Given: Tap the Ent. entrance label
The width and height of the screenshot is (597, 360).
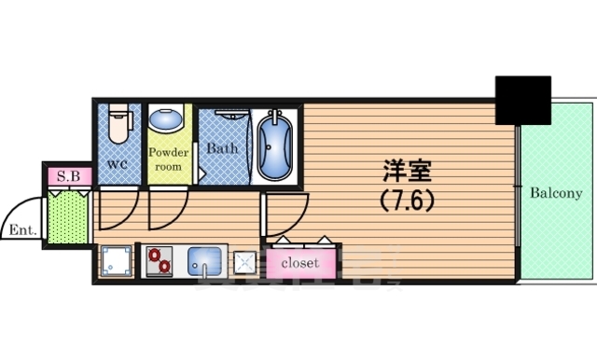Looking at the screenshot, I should tap(22, 229).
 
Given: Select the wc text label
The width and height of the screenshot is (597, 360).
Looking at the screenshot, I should tap(118, 165).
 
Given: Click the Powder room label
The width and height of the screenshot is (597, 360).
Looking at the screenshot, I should tap(169, 159).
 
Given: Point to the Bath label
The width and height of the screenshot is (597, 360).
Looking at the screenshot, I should tap(222, 147).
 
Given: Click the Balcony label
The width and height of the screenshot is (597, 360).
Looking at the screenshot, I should tap(556, 194).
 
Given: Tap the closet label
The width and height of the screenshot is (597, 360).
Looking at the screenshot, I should tap(300, 263).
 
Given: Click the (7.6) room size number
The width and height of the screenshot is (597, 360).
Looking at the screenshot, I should tap(408, 199).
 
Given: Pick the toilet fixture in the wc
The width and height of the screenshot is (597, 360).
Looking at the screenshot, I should tap(118, 126).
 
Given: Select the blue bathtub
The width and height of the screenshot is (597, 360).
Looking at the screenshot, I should tap(276, 145).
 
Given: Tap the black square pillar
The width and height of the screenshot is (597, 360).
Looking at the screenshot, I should tap(523, 99).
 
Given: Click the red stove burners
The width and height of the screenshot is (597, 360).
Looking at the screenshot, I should tap(158, 263).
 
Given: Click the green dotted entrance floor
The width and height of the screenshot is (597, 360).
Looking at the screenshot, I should tap(67, 216).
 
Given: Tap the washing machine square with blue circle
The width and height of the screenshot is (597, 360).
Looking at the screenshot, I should tap(116, 262).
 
